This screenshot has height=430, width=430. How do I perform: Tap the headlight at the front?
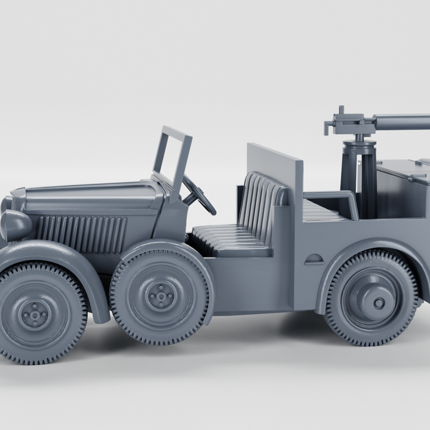[x=16, y=225]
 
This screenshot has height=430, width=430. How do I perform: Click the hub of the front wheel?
[x=35, y=313]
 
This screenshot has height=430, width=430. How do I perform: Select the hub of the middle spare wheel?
[x=161, y=295]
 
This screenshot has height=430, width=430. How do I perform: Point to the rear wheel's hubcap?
[x=377, y=303]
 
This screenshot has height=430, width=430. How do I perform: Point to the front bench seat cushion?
[x=230, y=239]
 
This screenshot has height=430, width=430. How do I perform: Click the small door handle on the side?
[x=314, y=260]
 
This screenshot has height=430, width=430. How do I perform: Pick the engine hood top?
[x=90, y=195]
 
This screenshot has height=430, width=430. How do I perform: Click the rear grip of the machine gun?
[x=328, y=126]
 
